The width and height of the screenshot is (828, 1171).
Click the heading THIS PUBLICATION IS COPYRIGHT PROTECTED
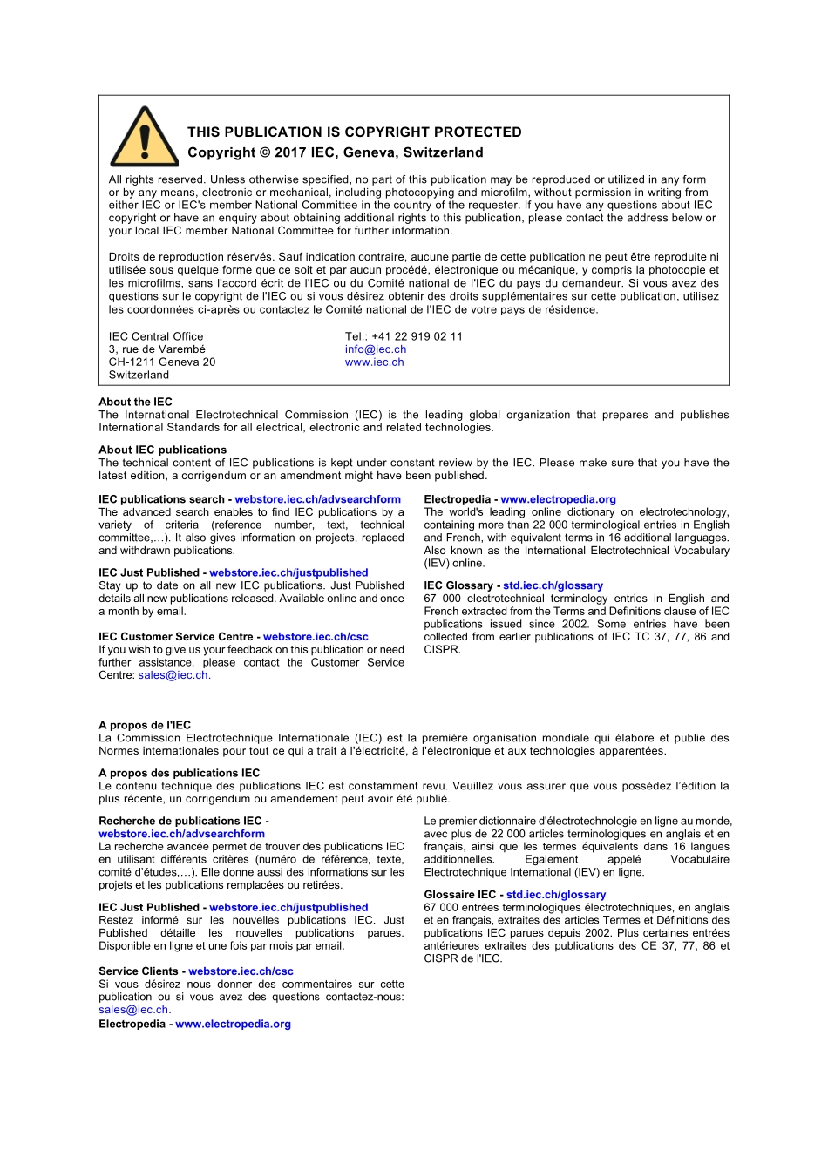tap(354, 132)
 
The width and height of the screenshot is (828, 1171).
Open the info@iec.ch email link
tap(375, 349)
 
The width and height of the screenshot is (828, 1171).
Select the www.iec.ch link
tap(374, 362)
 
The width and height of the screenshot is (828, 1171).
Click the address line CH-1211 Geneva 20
tap(161, 362)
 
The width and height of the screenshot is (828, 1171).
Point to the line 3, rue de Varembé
tap(157, 349)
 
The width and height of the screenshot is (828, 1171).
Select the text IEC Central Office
tap(156, 336)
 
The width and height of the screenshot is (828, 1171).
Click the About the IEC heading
tap(135, 402)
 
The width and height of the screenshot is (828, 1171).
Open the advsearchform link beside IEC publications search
tap(317, 499)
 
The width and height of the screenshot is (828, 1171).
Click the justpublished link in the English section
tap(288, 572)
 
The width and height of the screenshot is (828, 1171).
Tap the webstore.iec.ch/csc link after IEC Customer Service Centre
tap(316, 637)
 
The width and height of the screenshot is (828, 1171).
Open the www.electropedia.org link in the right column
tap(558, 499)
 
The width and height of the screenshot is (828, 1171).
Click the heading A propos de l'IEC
tap(145, 725)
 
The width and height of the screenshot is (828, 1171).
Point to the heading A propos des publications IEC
tap(179, 773)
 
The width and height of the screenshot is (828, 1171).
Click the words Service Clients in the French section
tap(138, 971)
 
